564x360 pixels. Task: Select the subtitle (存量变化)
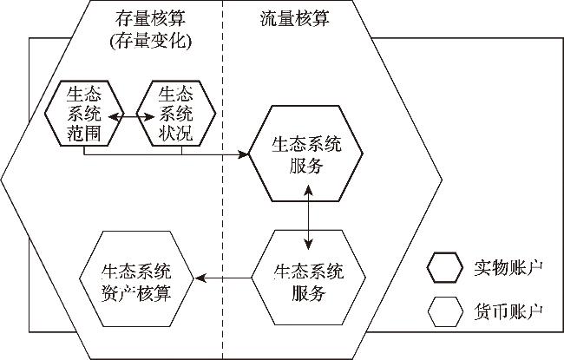tap(153, 40)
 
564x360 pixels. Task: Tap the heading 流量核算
tap(294, 19)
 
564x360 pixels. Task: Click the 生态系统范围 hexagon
tap(83, 113)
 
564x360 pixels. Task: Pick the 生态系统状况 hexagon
tap(181, 113)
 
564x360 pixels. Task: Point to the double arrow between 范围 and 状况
tap(133, 113)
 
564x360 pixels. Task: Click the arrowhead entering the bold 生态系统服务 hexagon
tap(245, 155)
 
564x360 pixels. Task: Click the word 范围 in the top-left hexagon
tap(83, 132)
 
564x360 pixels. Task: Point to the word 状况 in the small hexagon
tap(181, 132)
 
